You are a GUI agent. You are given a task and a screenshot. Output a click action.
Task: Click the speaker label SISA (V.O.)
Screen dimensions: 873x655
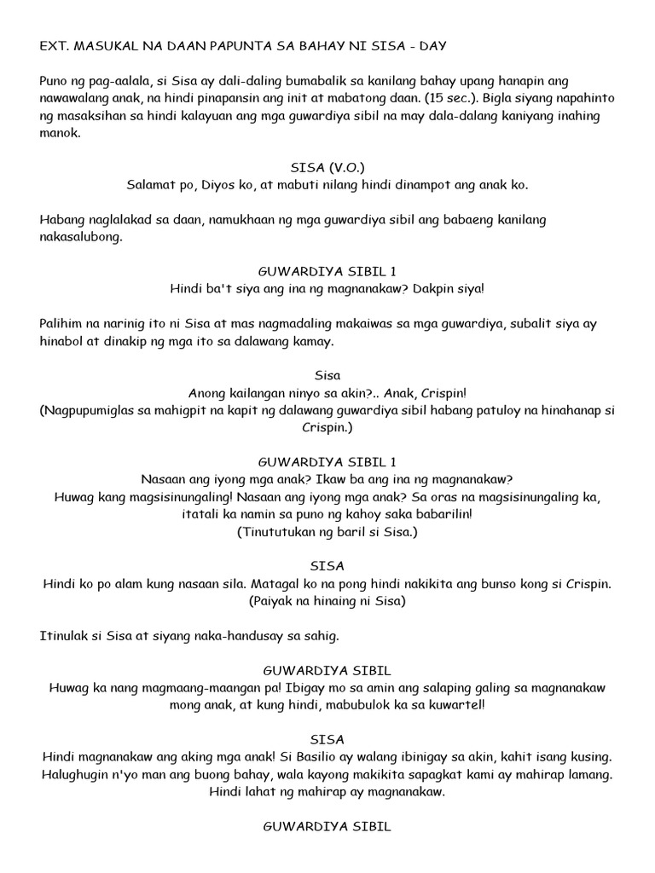coord(327,168)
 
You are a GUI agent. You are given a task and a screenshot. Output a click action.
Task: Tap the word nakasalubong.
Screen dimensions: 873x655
coord(82,238)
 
